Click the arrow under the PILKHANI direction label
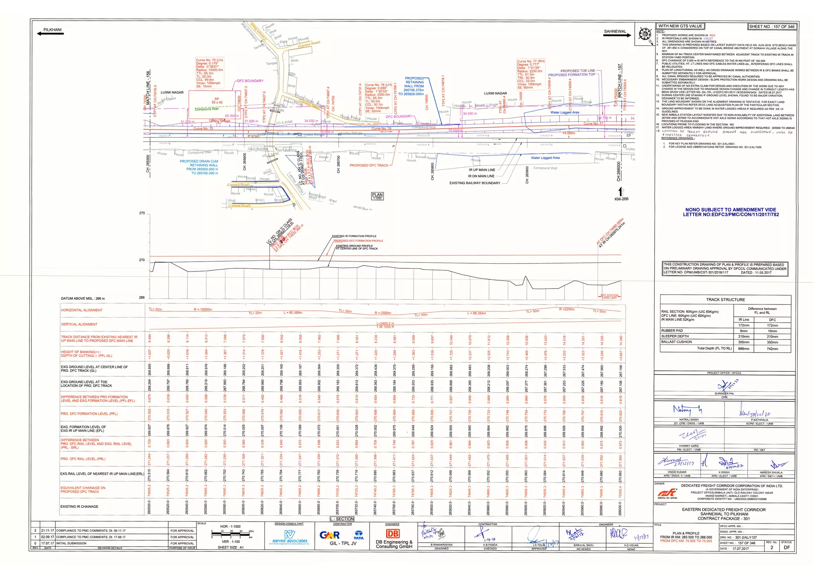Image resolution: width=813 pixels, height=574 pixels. coord(50,34)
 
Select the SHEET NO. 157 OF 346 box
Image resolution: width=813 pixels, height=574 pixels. coord(772,27)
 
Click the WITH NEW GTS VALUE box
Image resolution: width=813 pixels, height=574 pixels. coord(680,26)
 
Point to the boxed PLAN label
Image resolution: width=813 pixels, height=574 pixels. coord(377,196)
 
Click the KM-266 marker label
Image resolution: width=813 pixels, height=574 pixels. coord(621,199)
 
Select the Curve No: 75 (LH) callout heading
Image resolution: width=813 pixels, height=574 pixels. coord(210,60)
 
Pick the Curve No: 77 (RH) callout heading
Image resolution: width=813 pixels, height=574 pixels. coord(531,61)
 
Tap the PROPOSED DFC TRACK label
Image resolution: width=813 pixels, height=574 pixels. coord(369,165)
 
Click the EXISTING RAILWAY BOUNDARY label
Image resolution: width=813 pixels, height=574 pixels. coord(475,183)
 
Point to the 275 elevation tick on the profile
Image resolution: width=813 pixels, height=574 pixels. coord(142,213)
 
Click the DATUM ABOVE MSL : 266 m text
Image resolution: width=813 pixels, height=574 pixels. coord(83,299)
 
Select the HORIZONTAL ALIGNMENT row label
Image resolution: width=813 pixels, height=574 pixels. coord(82,310)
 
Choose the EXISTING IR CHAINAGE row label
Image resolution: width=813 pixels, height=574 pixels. coord(79,507)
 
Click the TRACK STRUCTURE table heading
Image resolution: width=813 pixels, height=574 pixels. coord(725,300)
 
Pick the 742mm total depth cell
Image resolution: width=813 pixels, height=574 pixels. coord(772,349)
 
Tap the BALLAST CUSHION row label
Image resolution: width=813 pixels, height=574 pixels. coord(675,342)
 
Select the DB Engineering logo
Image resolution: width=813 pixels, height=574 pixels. coord(393,534)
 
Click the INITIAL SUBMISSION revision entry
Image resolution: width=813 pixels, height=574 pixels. coord(71,543)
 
